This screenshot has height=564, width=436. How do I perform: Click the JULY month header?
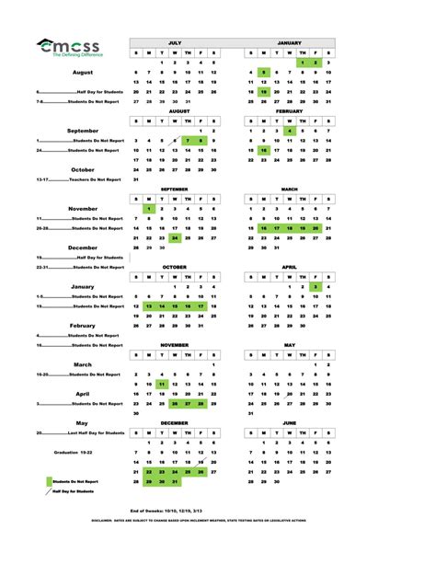pos(175,43)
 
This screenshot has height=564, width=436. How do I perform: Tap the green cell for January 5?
pos(264,72)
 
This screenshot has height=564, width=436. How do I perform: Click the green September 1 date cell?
pos(149,209)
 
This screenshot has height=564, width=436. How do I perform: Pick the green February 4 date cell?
pos(290,132)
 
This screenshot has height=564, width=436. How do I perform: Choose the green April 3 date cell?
pos(316,286)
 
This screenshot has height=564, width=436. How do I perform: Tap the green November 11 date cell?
pos(162,384)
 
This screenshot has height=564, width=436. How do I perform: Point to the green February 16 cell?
pos(264,150)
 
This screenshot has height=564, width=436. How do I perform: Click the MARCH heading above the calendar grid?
pos(290,189)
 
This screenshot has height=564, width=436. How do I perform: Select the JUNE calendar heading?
pos(290,422)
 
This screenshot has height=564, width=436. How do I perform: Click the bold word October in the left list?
pos(83,170)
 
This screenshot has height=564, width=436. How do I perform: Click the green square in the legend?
pos(49,481)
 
